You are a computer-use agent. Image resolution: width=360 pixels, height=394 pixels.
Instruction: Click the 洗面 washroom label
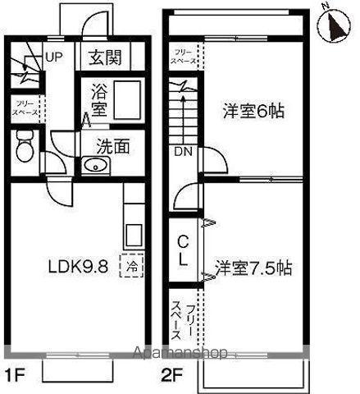click(x=113, y=147)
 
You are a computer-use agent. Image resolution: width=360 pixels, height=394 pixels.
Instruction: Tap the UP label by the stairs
click(x=53, y=57)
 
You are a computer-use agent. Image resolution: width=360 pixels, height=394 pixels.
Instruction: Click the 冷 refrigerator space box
click(x=130, y=266)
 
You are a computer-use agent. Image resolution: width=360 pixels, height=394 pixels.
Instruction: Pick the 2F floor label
click(x=171, y=378)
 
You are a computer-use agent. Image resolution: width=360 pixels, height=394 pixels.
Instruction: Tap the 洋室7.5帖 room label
click(x=253, y=268)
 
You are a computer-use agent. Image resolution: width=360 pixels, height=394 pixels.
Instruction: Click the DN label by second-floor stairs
click(x=181, y=152)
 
